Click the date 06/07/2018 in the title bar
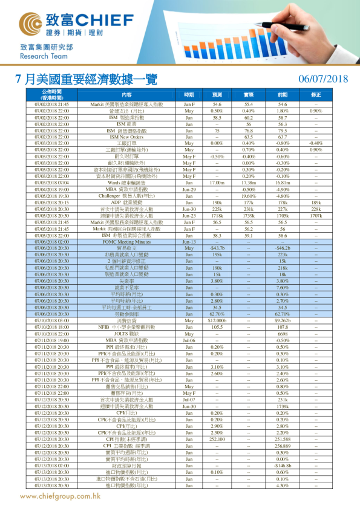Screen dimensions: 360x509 coord(323,79)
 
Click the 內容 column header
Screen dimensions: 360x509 coord(126,95)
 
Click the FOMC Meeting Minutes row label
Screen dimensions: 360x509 coord(126,241)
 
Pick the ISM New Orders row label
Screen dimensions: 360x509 coord(126,137)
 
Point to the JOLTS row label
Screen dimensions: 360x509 coord(126,334)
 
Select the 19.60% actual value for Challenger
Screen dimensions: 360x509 coord(248,196)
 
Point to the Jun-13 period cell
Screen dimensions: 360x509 coord(189,241)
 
